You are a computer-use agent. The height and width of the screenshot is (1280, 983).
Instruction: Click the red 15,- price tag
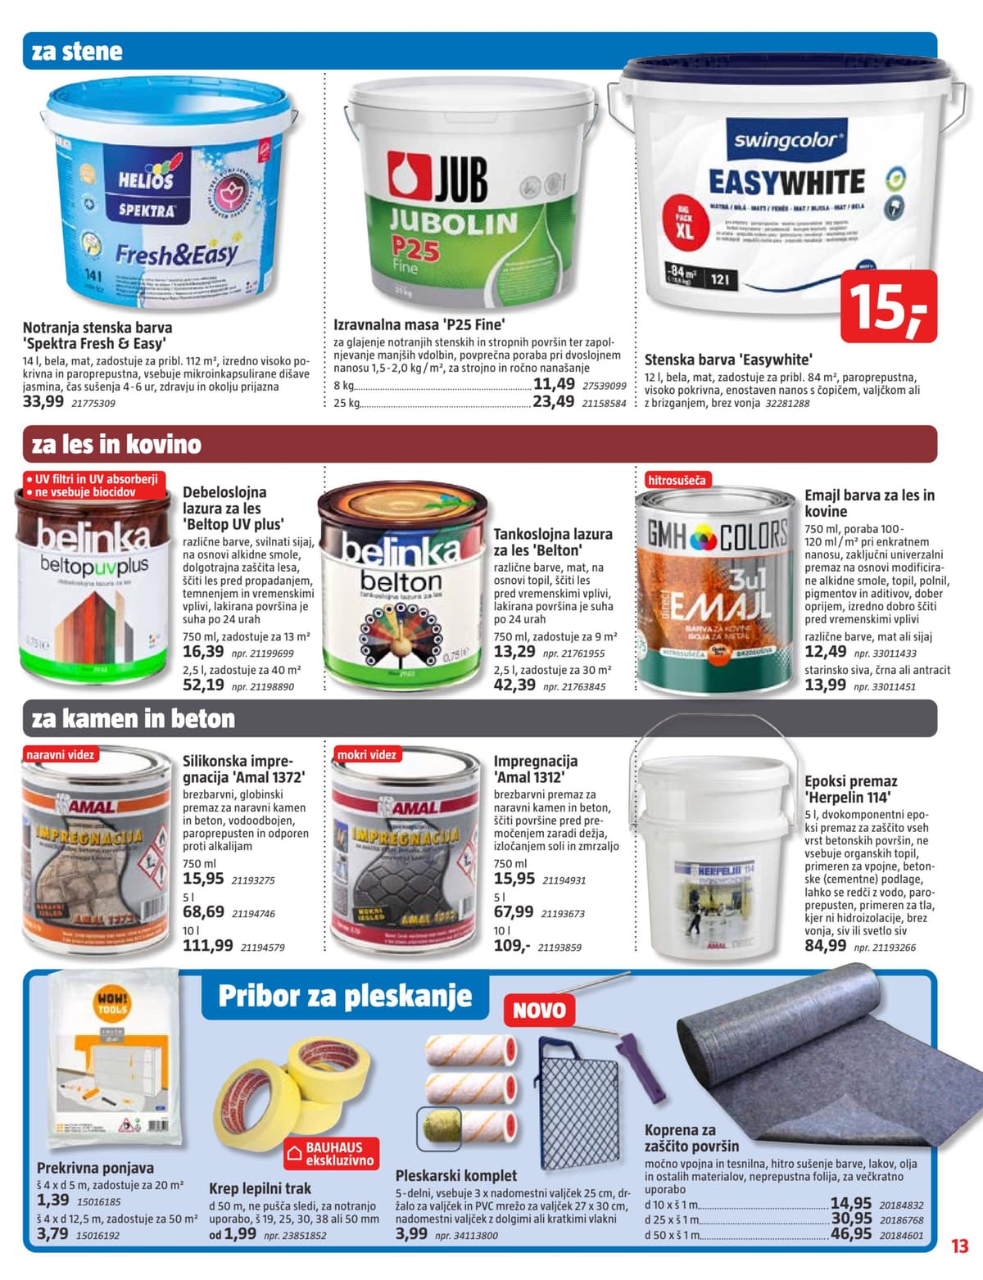[889, 307]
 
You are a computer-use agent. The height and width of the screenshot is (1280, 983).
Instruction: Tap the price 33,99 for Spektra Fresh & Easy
[43, 401]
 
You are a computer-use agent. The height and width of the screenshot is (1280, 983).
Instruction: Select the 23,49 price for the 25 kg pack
[554, 401]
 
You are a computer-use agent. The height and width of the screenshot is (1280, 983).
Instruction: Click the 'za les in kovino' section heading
[116, 445]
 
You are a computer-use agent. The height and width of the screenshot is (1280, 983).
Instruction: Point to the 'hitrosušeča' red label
[676, 480]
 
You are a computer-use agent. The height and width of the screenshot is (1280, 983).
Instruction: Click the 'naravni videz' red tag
[60, 754]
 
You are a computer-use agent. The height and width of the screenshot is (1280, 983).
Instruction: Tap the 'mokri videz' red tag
[367, 754]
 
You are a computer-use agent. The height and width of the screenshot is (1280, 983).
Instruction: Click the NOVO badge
[539, 1010]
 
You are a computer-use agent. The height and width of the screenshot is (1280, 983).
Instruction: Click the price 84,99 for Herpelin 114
[825, 946]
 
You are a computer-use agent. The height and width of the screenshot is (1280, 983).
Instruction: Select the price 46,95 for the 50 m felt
[851, 1233]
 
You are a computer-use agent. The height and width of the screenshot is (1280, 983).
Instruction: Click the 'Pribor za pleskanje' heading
[345, 997]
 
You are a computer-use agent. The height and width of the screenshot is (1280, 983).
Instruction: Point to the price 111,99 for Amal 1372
[207, 945]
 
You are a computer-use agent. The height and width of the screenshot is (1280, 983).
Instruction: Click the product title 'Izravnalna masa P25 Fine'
[419, 323]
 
